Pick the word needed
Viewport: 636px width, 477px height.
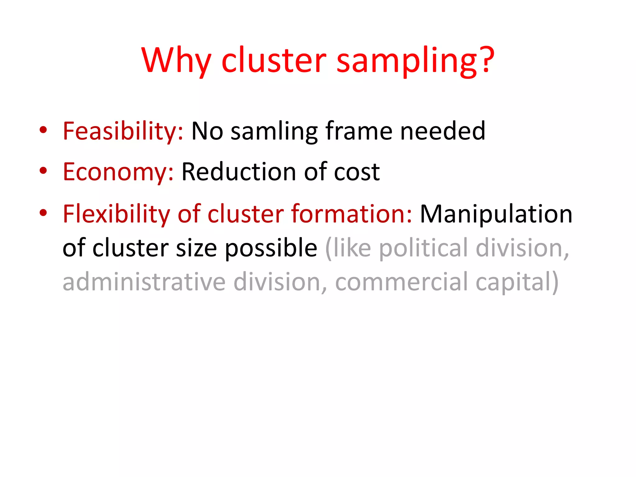click(443, 131)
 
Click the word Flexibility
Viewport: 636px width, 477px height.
click(116, 214)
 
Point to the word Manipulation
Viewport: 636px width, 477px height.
click(496, 214)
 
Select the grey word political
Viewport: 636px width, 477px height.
click(424, 248)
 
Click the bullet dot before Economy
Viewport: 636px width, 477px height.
click(43, 170)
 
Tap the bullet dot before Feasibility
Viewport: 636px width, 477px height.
click(43, 129)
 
